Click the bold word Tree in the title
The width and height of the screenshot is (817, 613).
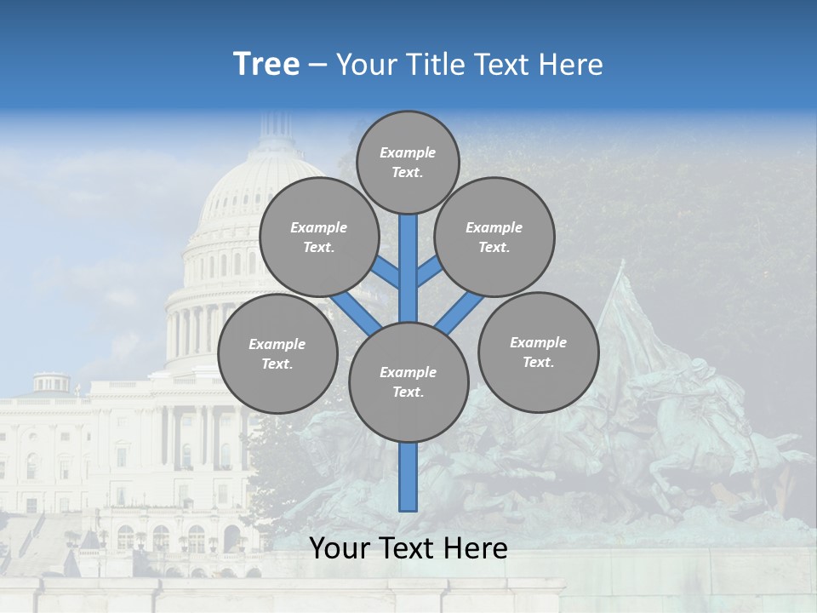click(x=266, y=65)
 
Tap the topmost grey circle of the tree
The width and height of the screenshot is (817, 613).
click(x=408, y=162)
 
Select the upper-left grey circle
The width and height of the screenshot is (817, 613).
click(x=319, y=237)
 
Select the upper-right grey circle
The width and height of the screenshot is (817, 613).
click(x=494, y=237)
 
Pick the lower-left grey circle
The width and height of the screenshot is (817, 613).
click(x=277, y=353)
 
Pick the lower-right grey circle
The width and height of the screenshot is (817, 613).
click(x=538, y=352)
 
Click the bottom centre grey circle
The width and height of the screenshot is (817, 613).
click(x=408, y=381)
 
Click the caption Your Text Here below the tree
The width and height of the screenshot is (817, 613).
click(x=408, y=548)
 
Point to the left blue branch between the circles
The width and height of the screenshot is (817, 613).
click(x=356, y=312)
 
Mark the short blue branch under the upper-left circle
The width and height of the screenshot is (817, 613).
click(x=386, y=272)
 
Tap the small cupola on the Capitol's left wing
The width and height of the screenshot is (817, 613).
click(x=52, y=383)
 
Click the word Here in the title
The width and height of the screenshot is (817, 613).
click(x=570, y=65)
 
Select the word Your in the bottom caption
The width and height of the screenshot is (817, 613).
click(x=340, y=548)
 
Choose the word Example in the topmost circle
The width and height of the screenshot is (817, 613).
click(x=408, y=153)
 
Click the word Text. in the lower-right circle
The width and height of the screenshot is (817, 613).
click(x=538, y=362)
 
